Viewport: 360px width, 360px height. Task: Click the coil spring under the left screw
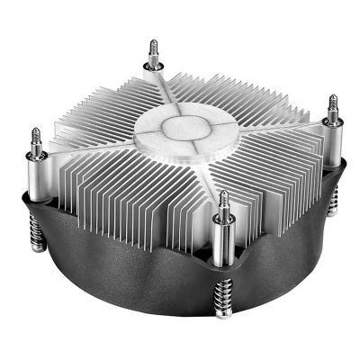click(45, 243)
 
